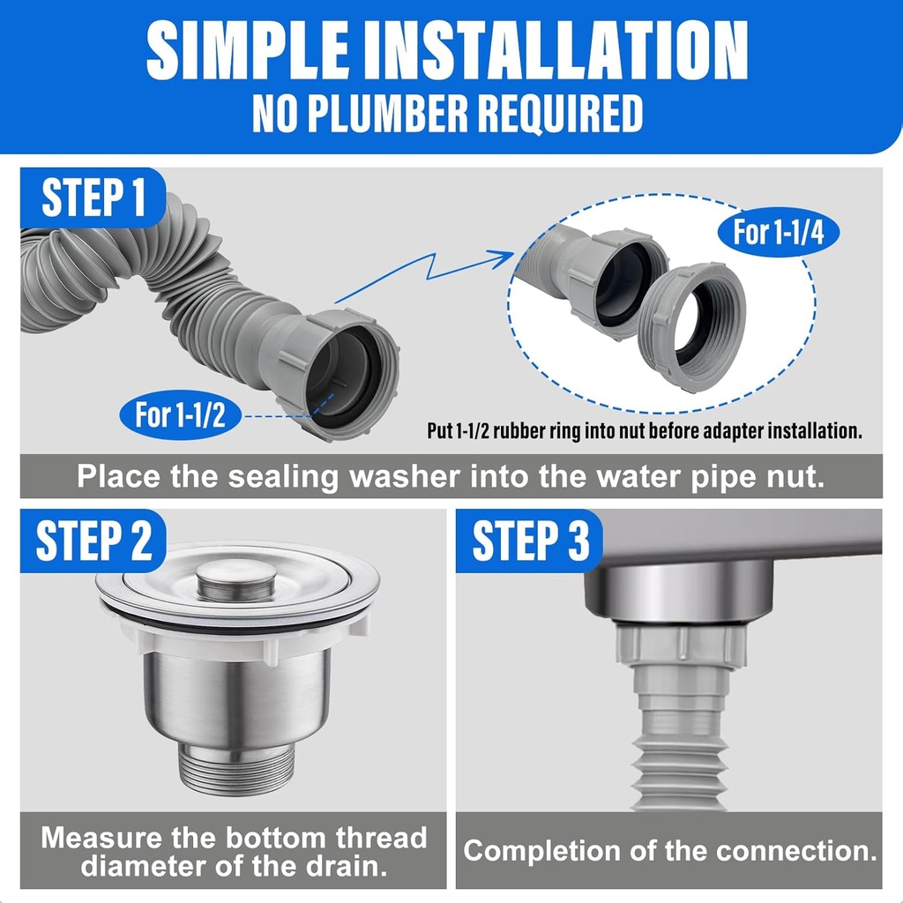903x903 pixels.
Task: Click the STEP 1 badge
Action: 93,197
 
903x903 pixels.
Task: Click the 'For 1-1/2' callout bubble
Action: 180,414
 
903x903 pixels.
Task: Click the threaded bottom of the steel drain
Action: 237,765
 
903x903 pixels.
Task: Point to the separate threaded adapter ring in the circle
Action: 692,326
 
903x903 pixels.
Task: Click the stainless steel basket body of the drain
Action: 237,697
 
